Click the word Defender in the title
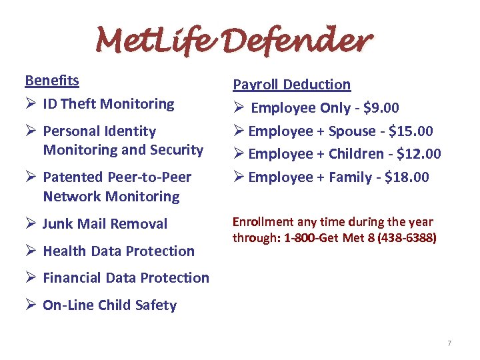309,41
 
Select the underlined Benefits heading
52,81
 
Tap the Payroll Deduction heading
291,85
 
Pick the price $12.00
419,154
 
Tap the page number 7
449,343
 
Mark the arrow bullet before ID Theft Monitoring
31,104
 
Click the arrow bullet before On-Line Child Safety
31,305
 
